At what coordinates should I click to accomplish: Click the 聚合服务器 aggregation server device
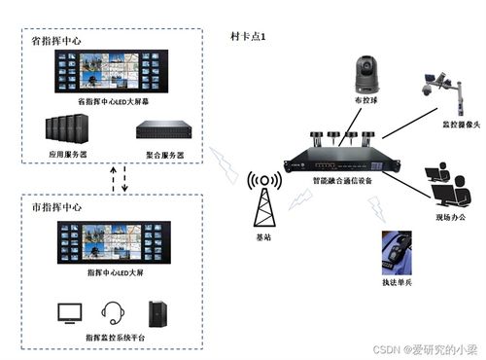click(x=160, y=132)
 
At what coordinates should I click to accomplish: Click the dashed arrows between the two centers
click(x=118, y=179)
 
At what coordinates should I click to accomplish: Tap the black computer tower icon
click(x=156, y=312)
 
